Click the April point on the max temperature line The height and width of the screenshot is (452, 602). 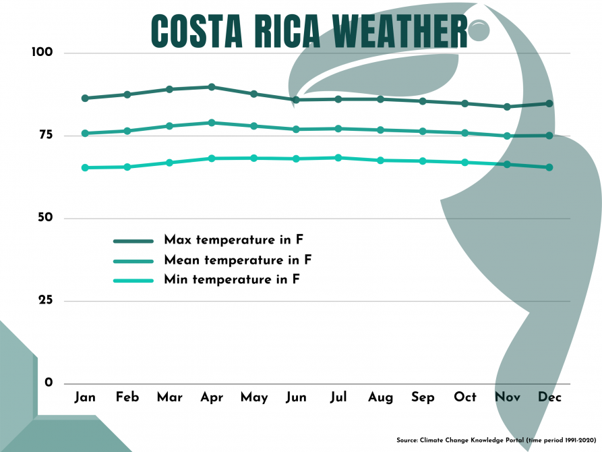pyautogui.click(x=212, y=87)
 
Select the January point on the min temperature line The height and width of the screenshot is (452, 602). pyautogui.click(x=85, y=167)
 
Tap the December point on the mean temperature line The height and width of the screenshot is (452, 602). pyautogui.click(x=549, y=136)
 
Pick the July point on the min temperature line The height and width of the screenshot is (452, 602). pyautogui.click(x=338, y=158)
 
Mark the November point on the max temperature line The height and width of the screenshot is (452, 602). pyautogui.click(x=507, y=107)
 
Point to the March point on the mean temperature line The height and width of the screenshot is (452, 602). pyautogui.click(x=169, y=126)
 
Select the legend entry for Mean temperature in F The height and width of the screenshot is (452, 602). pyautogui.click(x=237, y=260)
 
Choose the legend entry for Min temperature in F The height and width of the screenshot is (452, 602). pyautogui.click(x=231, y=279)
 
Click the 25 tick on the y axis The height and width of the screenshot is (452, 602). pyautogui.click(x=45, y=301)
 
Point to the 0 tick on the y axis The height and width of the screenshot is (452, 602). pyautogui.click(x=49, y=383)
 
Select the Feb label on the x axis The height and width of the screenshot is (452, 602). pyautogui.click(x=127, y=397)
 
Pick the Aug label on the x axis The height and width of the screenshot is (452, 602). pyautogui.click(x=380, y=397)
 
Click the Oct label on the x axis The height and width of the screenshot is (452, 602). pyautogui.click(x=465, y=397)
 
